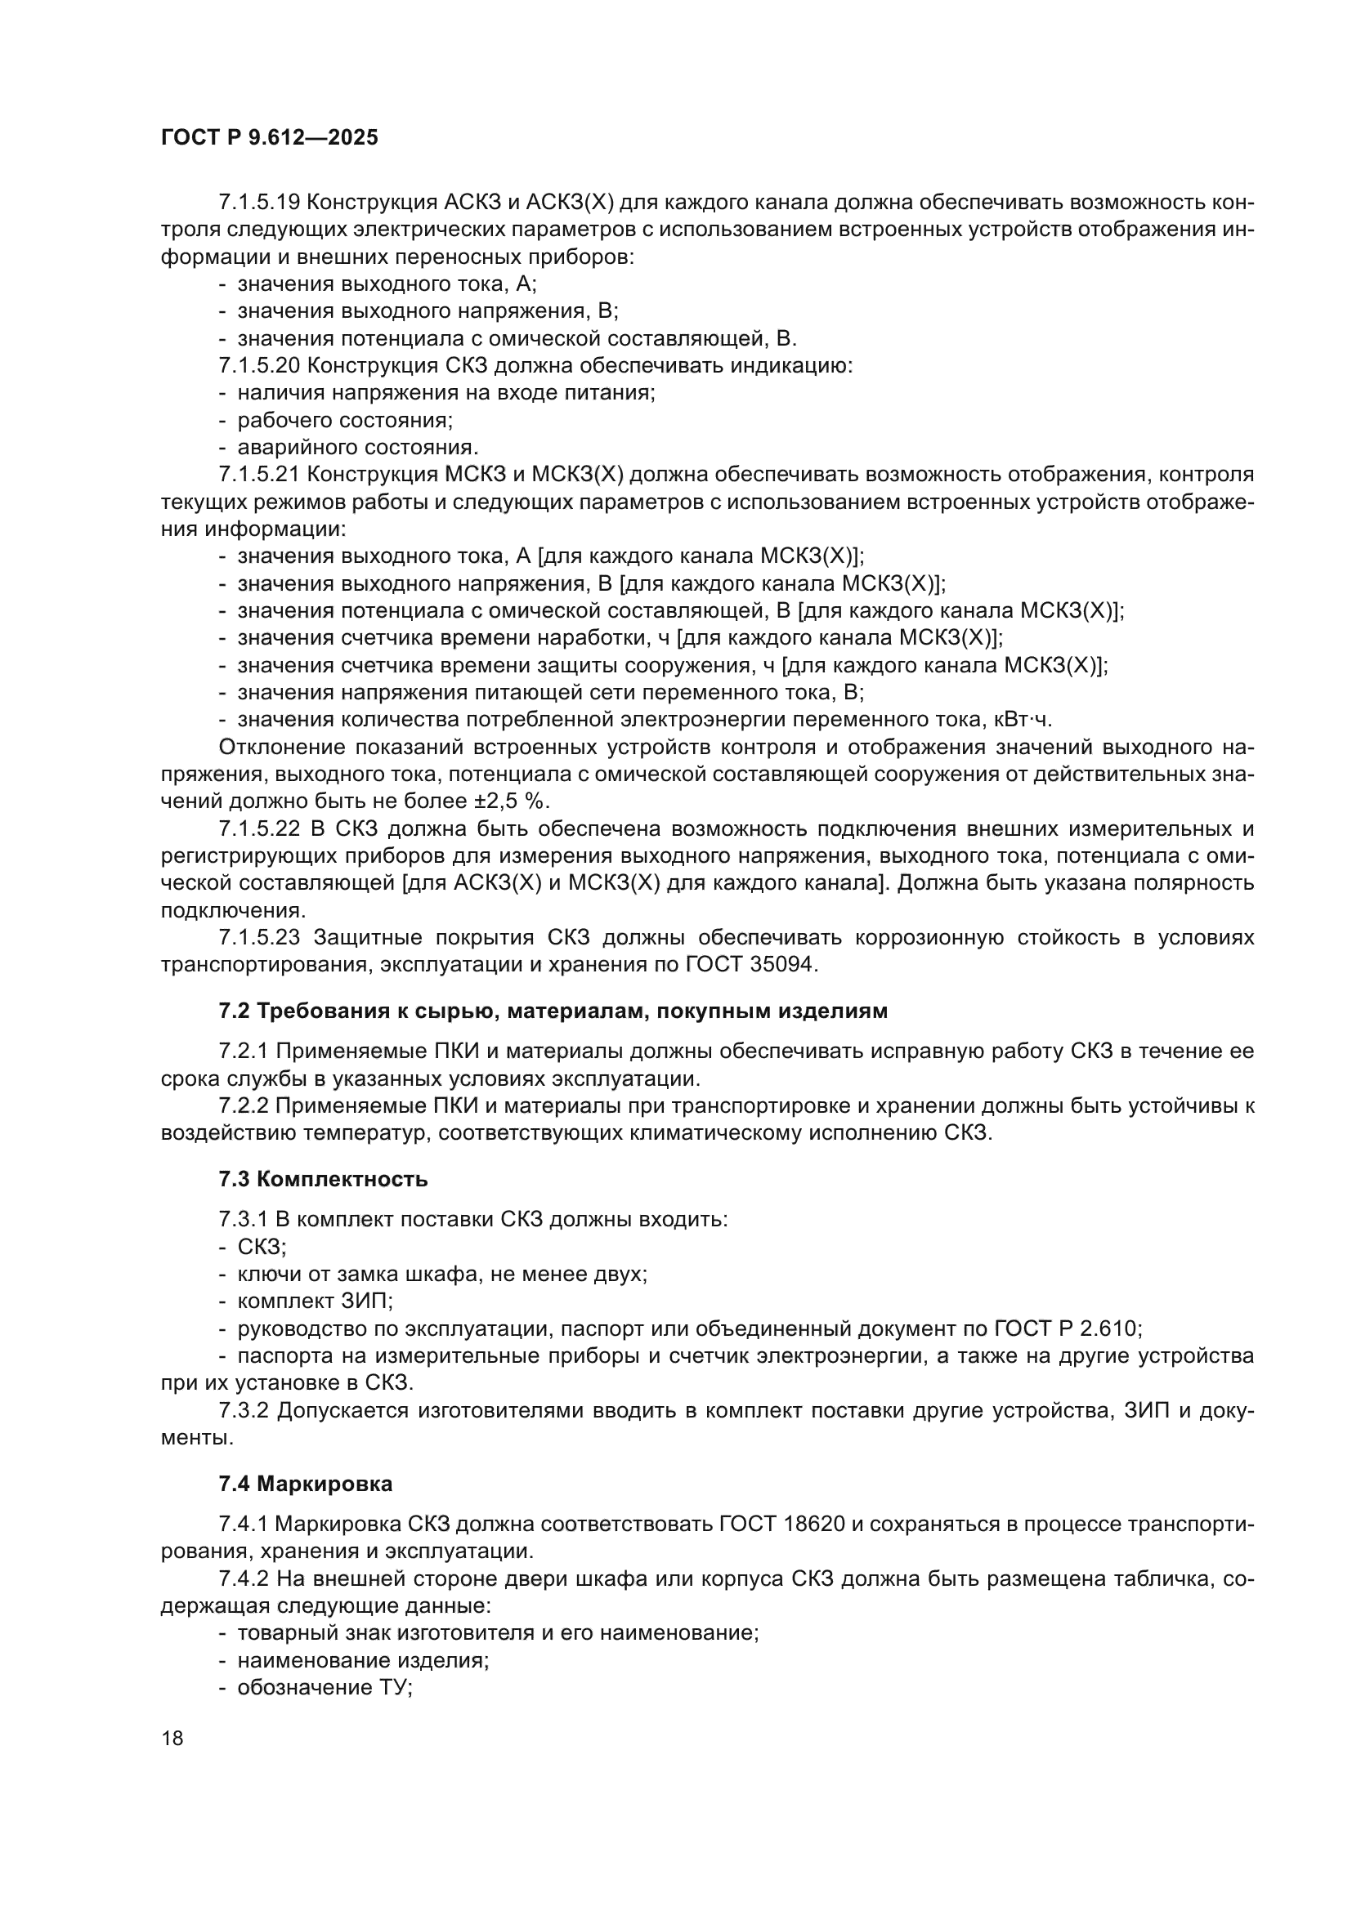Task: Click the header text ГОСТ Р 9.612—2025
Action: click(x=269, y=137)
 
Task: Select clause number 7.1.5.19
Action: click(x=259, y=203)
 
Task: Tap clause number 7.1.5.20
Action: click(x=259, y=365)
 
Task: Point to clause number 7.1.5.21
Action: click(x=259, y=475)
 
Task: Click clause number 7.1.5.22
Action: click(x=259, y=829)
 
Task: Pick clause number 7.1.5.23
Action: click(x=259, y=938)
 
